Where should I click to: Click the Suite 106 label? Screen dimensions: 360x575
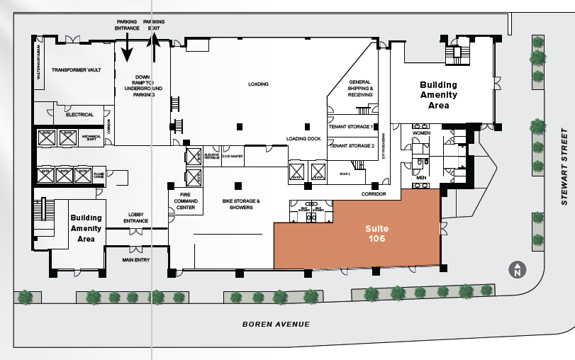pyautogui.click(x=376, y=234)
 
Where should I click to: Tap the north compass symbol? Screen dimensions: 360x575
pyautogui.click(x=518, y=270)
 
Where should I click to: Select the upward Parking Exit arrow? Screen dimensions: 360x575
pyautogui.click(x=153, y=50)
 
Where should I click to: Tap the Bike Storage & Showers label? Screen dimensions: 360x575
pyautogui.click(x=241, y=205)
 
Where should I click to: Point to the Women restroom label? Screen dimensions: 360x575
pyautogui.click(x=421, y=133)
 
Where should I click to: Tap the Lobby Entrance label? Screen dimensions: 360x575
pyautogui.click(x=135, y=218)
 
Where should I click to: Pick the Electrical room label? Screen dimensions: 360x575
pyautogui.click(x=79, y=114)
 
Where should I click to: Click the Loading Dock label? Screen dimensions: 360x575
pyautogui.click(x=304, y=139)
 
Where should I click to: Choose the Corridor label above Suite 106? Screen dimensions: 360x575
pyautogui.click(x=373, y=193)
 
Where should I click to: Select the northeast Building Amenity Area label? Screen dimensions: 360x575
pyautogui.click(x=438, y=94)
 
